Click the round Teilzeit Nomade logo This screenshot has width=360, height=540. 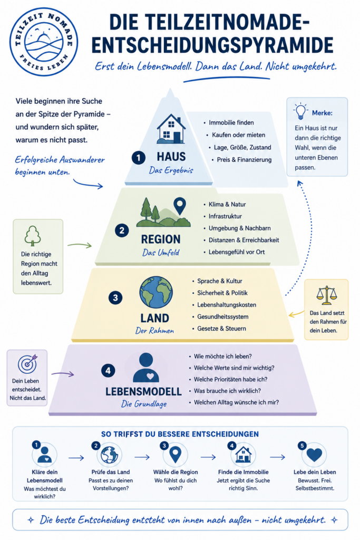pos(44,42)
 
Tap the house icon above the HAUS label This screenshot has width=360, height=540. pos(171,129)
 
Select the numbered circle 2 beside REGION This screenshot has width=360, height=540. pos(122,230)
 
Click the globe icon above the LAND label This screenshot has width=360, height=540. pos(156,292)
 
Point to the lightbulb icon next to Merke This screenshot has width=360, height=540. pos(300,111)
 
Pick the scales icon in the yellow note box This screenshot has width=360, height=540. pos(326,295)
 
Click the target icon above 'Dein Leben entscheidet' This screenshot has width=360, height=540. pos(27,364)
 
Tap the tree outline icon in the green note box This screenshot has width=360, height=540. pos(33,236)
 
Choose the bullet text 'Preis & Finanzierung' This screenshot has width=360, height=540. pos(244,160)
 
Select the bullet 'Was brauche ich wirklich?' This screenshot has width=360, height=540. pos(227,391)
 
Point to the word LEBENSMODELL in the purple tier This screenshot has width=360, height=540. pos(143,392)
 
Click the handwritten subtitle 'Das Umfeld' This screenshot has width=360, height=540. pos(161,253)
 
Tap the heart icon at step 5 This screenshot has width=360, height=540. pos(314,455)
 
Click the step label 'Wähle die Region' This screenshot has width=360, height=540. pos(176,472)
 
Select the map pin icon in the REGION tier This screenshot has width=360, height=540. pos(180,206)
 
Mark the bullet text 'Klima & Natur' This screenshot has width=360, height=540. pos(227,205)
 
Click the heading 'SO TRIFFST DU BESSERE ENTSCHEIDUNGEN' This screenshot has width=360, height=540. pos(180,435)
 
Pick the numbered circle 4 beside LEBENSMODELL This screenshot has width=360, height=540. pos(108,371)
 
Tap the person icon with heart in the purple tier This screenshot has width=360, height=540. pos(146,368)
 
